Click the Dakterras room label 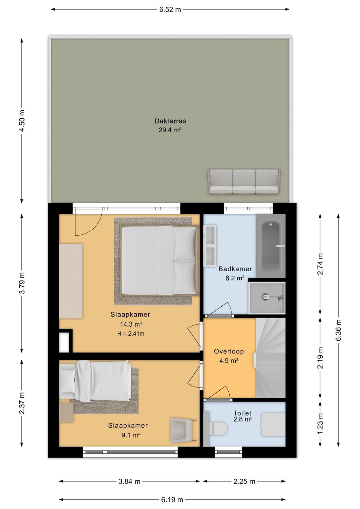click(170, 121)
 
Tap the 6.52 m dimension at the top click(170, 10)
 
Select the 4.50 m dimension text click(22, 121)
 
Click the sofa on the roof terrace click(244, 182)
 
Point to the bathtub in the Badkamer click(271, 246)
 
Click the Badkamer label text click(235, 269)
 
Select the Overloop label click(229, 351)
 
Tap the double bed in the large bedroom click(159, 261)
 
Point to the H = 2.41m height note click(131, 334)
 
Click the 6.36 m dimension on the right click(338, 330)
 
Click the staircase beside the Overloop click(271, 358)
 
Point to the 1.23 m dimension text click(320, 423)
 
